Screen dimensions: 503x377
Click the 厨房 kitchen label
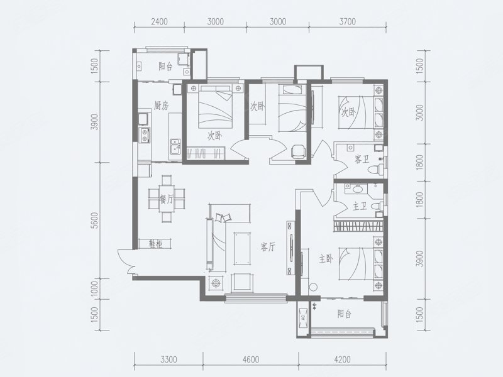pyautogui.click(x=161, y=106)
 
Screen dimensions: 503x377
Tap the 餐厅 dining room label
pyautogui.click(x=166, y=200)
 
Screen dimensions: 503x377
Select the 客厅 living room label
pyautogui.click(x=268, y=247)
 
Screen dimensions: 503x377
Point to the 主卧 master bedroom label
pyautogui.click(x=326, y=258)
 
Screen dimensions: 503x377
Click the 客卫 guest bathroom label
pyautogui.click(x=362, y=160)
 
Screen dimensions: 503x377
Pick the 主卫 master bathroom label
pyautogui.click(x=360, y=207)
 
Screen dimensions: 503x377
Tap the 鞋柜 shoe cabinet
pyautogui.click(x=155, y=244)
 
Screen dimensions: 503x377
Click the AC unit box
pyautogui.click(x=303, y=319)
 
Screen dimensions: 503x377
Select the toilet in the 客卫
pyautogui.click(x=377, y=168)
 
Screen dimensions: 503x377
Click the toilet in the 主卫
pyautogui.click(x=377, y=206)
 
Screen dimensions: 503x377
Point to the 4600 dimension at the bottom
pyautogui.click(x=251, y=359)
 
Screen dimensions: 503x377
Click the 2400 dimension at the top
pyautogui.click(x=159, y=21)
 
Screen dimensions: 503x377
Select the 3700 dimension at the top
pyautogui.click(x=348, y=21)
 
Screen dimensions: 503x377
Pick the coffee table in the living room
pyautogui.click(x=243, y=249)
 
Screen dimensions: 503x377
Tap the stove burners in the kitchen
pyautogui.click(x=145, y=135)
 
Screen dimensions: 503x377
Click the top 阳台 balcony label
pyautogui.click(x=166, y=67)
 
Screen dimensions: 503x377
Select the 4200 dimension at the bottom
pyautogui.click(x=342, y=359)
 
